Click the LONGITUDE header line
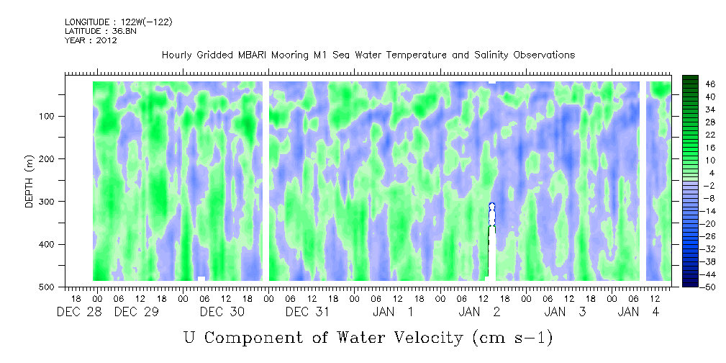[118, 22]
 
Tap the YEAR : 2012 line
[91, 40]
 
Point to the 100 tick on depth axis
[56, 116]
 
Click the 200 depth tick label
[56, 158]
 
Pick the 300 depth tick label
[56, 202]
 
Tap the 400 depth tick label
[56, 244]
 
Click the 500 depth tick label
[56, 287]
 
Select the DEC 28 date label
[78, 312]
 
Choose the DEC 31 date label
[307, 312]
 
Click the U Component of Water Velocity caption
[368, 337]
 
